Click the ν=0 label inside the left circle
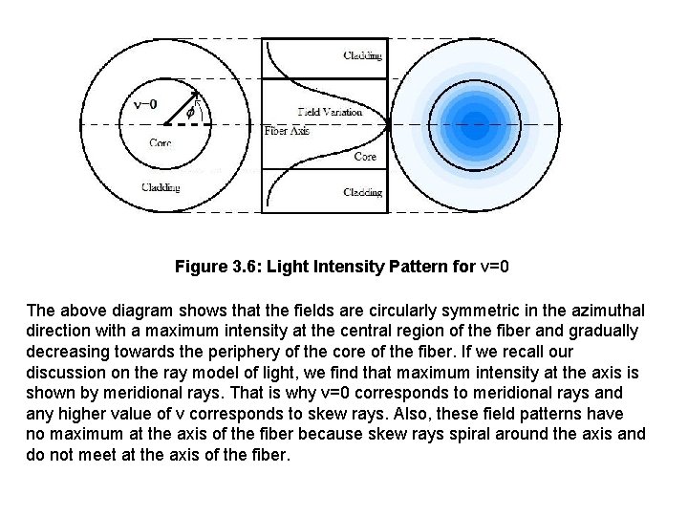[146, 104]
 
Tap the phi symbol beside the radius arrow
[190, 113]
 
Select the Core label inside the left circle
[161, 143]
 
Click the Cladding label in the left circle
[160, 187]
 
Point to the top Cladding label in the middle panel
[363, 55]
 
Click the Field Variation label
[330, 112]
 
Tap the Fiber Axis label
[287, 131]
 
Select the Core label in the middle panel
[365, 157]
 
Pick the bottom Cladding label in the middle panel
[363, 193]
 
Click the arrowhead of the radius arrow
[195, 96]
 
